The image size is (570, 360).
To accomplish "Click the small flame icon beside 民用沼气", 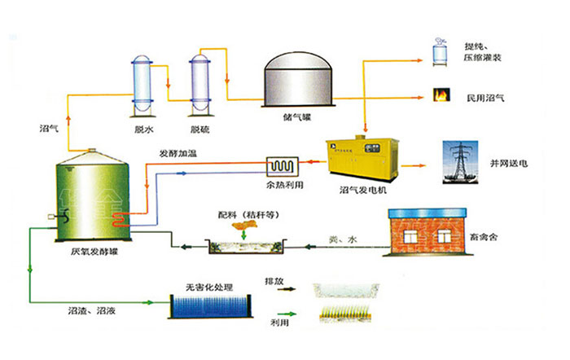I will (442, 96).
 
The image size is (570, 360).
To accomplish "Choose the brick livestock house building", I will (427, 232).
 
